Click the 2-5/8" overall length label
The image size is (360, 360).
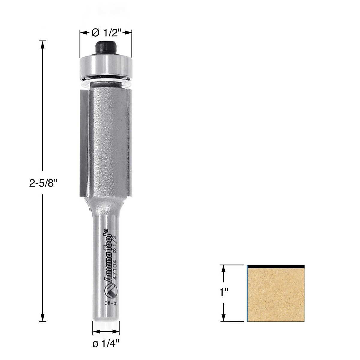click(43, 183)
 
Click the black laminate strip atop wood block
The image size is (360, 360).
click(276, 266)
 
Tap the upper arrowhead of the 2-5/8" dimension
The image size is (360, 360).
click(43, 44)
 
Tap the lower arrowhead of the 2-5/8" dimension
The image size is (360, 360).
click(43, 317)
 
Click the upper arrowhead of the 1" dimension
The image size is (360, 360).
click(223, 268)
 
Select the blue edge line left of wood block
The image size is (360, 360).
click(247, 294)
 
